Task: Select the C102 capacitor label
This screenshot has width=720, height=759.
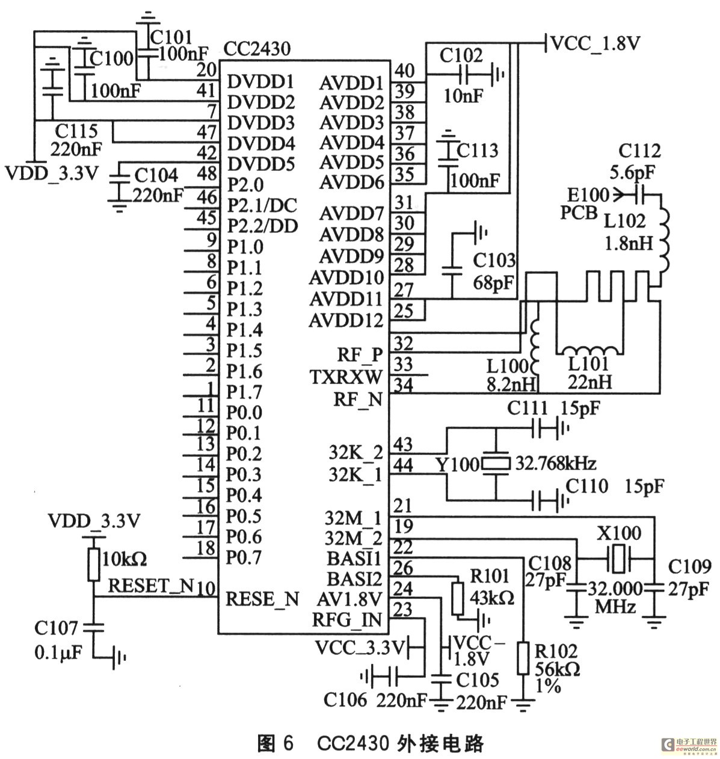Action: coord(461,55)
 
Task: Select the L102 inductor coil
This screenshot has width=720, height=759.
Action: coord(665,240)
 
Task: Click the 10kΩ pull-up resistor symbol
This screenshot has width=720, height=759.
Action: coord(93,563)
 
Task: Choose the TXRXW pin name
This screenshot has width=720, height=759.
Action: coord(346,377)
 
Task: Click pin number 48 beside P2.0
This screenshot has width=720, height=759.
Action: coord(206,174)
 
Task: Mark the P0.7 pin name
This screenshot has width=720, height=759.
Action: coord(244,558)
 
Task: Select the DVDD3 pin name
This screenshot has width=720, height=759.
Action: coord(261,123)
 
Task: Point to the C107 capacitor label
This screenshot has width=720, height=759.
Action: coord(56,628)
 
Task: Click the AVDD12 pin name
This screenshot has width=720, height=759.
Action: coord(346,321)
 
